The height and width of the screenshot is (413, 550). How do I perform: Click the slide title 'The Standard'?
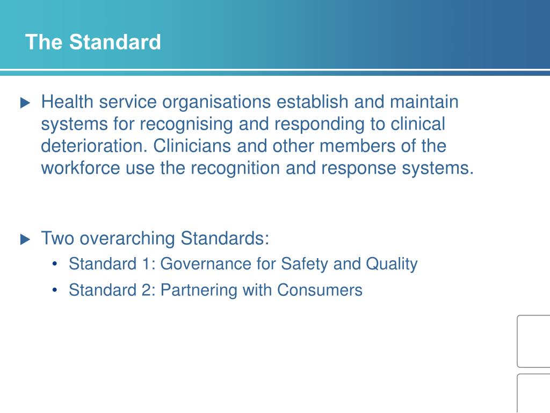pyautogui.click(x=93, y=42)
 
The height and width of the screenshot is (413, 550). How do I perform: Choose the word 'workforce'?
pyautogui.click(x=81, y=168)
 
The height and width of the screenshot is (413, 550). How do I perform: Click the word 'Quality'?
pyautogui.click(x=392, y=264)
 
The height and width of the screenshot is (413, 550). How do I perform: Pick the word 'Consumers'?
pyautogui.click(x=320, y=290)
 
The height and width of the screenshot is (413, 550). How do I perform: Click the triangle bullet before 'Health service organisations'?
pyautogui.click(x=25, y=103)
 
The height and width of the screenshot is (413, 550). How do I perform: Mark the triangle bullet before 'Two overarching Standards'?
pyautogui.click(x=25, y=239)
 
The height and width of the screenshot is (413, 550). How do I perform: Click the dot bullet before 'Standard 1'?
pyautogui.click(x=55, y=265)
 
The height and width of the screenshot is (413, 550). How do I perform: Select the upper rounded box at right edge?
pyautogui.click(x=534, y=341)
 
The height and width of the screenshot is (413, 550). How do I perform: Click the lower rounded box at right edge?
pyautogui.click(x=534, y=393)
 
